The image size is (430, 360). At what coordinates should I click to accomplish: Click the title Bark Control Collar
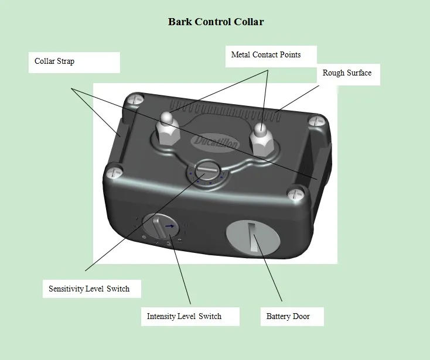click(x=216, y=22)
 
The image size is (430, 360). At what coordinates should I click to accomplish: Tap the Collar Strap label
click(x=54, y=61)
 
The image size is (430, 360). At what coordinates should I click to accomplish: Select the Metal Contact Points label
click(x=266, y=54)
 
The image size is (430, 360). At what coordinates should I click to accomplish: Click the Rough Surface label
click(x=347, y=73)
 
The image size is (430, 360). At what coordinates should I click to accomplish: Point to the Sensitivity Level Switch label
click(x=89, y=289)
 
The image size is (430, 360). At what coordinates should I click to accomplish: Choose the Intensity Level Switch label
click(x=184, y=316)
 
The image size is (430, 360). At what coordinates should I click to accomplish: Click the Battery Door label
click(x=288, y=317)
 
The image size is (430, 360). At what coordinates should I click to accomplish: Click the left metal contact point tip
click(x=167, y=117)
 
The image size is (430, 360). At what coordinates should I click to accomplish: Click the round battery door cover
click(x=253, y=236)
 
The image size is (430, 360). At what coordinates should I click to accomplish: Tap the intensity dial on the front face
click(x=161, y=226)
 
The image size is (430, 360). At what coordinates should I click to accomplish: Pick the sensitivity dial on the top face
click(x=207, y=172)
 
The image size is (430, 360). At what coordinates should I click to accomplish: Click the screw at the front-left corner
click(x=114, y=172)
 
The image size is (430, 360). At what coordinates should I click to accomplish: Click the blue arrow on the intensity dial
click(x=169, y=226)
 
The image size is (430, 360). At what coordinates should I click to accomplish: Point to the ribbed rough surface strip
click(x=226, y=110)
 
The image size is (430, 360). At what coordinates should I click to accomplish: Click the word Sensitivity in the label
click(x=66, y=289)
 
